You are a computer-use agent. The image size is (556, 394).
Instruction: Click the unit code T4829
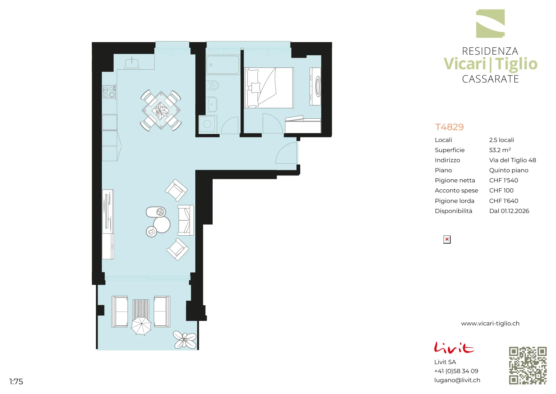[x=449, y=127]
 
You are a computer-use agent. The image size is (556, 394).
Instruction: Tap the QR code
[x=528, y=365]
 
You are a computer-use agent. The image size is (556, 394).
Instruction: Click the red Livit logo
[x=454, y=347]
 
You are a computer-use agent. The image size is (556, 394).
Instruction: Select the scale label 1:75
[x=16, y=381]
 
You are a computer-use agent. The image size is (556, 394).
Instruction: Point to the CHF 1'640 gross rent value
[x=504, y=200]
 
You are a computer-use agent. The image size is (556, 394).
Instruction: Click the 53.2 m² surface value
[x=500, y=150]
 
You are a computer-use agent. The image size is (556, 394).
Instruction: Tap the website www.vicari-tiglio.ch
[x=490, y=323]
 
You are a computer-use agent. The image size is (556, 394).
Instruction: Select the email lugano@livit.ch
[x=457, y=380]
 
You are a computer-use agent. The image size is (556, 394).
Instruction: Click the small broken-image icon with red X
[x=447, y=239]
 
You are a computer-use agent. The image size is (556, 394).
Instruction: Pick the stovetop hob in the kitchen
[x=109, y=92]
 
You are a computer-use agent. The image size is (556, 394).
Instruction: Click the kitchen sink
[x=132, y=63]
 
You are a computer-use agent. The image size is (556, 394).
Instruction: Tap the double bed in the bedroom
[x=269, y=88]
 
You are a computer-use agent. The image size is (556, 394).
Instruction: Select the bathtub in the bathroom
[x=223, y=65]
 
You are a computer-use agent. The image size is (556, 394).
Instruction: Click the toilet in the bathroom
[x=212, y=86]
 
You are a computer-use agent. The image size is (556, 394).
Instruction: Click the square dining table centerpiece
[x=161, y=110]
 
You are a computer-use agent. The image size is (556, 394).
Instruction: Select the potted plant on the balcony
[x=185, y=340]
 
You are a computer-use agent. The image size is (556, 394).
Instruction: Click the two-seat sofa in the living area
[x=186, y=220]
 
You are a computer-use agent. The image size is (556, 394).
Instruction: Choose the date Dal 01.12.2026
[x=509, y=211]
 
